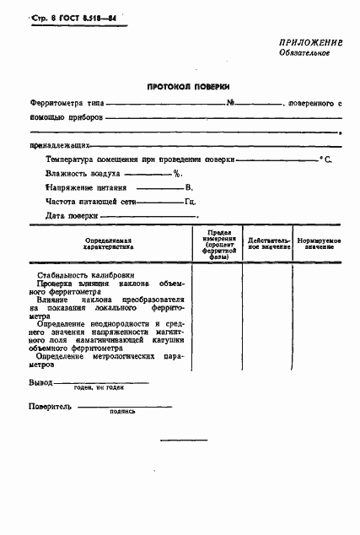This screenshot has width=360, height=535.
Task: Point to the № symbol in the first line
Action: tap(230, 103)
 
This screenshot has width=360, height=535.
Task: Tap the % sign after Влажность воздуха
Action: tap(177, 173)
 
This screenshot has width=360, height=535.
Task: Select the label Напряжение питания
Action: tap(87, 187)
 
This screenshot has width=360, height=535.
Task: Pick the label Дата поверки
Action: tap(73, 216)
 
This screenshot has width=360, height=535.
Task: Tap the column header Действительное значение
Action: tap(268, 243)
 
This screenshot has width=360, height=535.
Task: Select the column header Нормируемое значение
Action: tap(318, 243)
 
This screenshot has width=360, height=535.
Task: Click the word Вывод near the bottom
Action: tap(40, 382)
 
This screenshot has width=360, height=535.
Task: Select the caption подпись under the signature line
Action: tap(123, 413)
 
